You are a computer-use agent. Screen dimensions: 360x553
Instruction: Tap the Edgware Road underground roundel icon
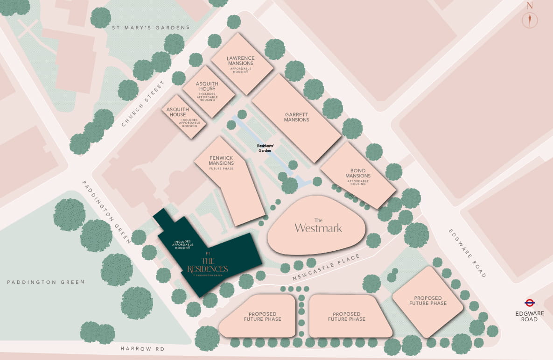click(530, 303)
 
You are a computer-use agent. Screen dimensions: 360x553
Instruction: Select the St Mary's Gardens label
click(151, 28)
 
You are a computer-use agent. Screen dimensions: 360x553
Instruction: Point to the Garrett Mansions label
click(297, 117)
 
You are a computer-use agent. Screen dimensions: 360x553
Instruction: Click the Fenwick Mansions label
click(221, 161)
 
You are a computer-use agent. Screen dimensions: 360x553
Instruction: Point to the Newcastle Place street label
click(327, 268)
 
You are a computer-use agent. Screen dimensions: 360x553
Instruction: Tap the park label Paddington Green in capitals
click(46, 282)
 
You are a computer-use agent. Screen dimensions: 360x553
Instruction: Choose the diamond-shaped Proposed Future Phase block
click(428, 301)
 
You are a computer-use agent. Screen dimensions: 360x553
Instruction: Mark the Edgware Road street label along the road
click(468, 253)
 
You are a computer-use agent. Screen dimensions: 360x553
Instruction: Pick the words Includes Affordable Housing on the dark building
click(182, 245)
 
